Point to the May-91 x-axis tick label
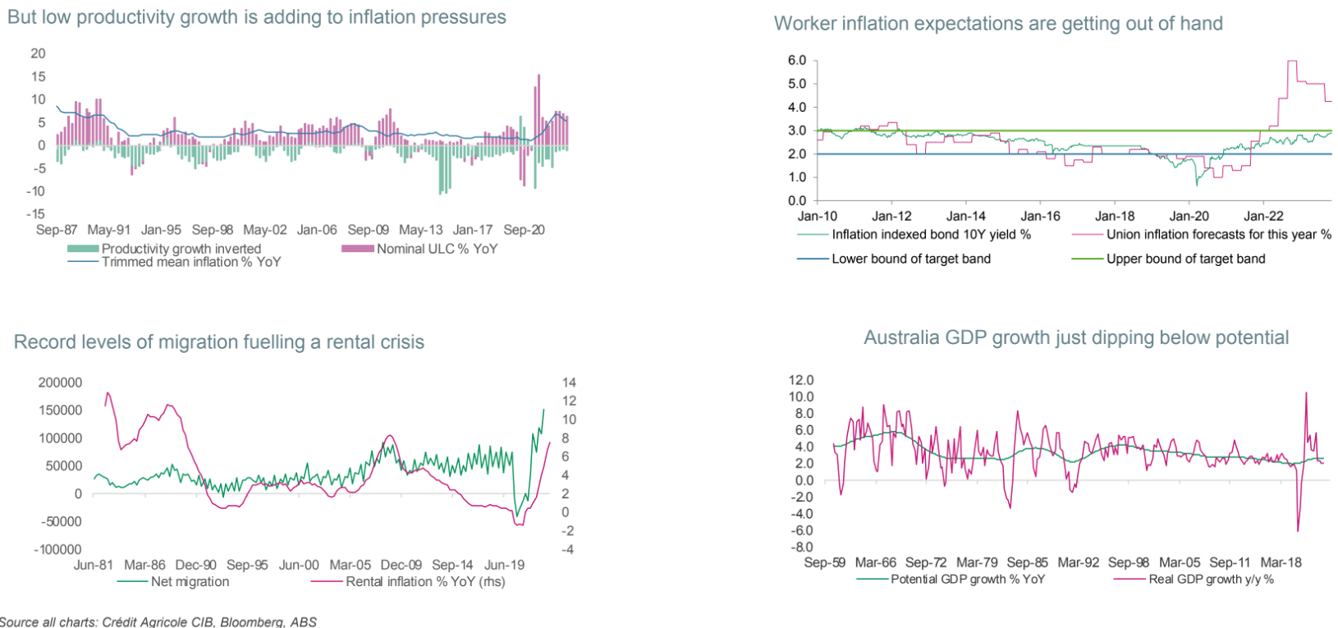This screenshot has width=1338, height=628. click(108, 230)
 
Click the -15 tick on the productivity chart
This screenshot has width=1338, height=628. click(37, 213)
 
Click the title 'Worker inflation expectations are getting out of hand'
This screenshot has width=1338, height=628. click(998, 24)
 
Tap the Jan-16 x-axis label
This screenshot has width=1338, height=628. click(1040, 217)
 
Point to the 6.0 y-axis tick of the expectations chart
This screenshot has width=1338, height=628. click(796, 61)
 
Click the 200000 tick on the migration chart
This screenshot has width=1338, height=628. click(60, 383)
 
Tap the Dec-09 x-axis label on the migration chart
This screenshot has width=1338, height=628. click(401, 565)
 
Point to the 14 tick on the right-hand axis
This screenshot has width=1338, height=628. click(569, 383)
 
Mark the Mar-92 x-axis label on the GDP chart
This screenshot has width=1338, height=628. click(1078, 562)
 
